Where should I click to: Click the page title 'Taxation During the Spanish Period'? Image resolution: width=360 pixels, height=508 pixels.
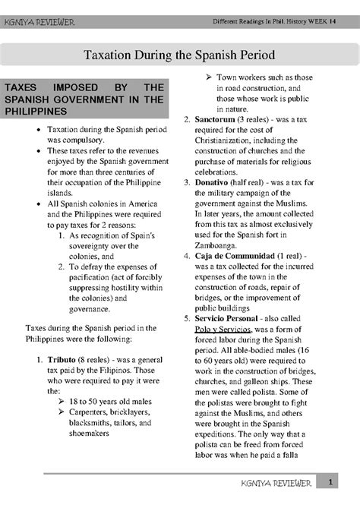(x=179, y=55)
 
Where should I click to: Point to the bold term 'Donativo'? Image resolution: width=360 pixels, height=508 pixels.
(x=217, y=183)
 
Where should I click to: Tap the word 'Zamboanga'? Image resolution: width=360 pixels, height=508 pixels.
(x=222, y=245)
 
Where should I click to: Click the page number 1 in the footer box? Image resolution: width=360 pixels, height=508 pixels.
(x=343, y=482)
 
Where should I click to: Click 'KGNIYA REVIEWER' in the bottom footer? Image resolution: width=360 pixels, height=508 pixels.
(x=289, y=483)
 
